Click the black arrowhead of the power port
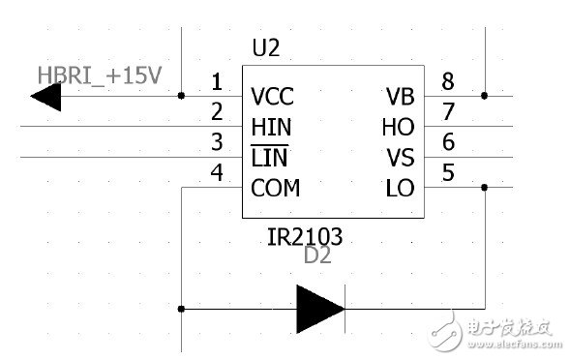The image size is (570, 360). pyautogui.click(x=46, y=97)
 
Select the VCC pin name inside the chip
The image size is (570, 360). pyautogui.click(x=272, y=97)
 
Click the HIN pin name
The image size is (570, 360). pyautogui.click(x=270, y=127)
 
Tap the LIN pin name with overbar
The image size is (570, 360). pyautogui.click(x=269, y=158)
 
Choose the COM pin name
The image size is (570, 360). pyautogui.click(x=275, y=188)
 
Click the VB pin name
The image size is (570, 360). pyautogui.click(x=400, y=97)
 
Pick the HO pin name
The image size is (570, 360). pyautogui.click(x=399, y=127)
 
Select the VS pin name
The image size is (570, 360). pyautogui.click(x=400, y=158)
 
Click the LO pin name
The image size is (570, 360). pyautogui.click(x=400, y=188)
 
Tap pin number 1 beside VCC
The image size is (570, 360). pyautogui.click(x=217, y=82)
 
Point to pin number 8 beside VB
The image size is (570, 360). pyautogui.click(x=447, y=82)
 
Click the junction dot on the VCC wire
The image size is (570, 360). pyautogui.click(x=182, y=97)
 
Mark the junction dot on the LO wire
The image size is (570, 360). pyautogui.click(x=484, y=188)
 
